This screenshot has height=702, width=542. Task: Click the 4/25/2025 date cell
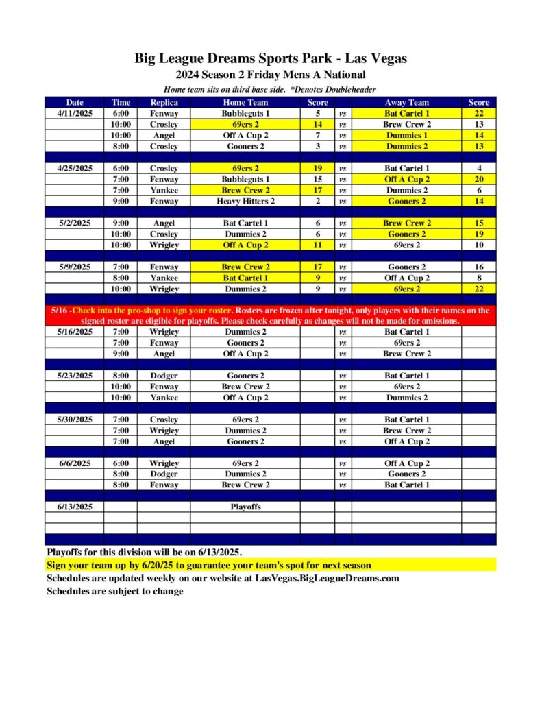[x=74, y=168]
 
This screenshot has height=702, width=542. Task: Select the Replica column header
[x=164, y=102]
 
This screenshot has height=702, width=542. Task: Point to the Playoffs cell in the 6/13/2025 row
[x=245, y=507]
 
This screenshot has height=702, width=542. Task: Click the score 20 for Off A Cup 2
[x=478, y=179]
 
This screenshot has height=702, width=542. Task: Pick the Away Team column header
[x=407, y=102]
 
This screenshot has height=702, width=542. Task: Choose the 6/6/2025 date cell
[x=74, y=463]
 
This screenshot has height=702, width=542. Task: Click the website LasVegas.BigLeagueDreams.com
[x=327, y=578]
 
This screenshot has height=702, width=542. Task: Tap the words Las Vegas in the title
[x=380, y=59]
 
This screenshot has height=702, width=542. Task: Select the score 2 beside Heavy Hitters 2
[x=317, y=201]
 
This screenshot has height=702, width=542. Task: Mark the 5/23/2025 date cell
[x=74, y=376]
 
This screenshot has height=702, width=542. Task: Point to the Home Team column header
[x=245, y=102]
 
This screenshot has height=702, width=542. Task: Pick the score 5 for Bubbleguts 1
[x=317, y=113]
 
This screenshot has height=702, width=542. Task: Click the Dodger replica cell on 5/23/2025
[x=164, y=376]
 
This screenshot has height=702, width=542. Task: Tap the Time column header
[x=121, y=102]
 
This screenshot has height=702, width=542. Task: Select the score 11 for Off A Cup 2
[x=317, y=245]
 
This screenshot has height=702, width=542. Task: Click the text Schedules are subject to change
[x=114, y=591]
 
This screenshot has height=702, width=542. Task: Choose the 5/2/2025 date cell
[x=74, y=223]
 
